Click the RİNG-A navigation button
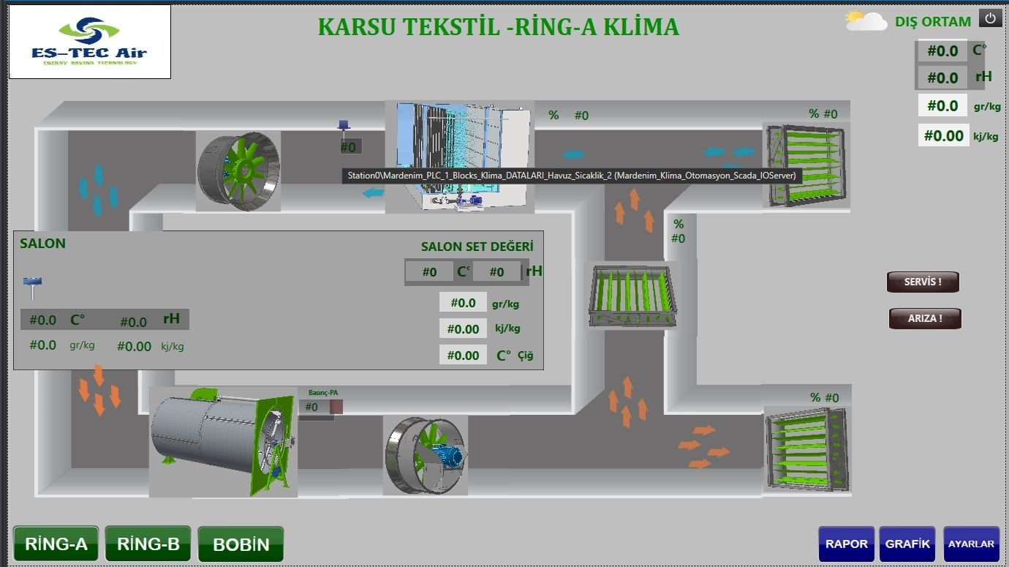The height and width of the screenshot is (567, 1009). coord(56,544)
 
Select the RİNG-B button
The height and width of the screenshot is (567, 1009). coord(148,544)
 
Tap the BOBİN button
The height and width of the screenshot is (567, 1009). coord(241,544)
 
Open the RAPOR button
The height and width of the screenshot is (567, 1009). coord(846,544)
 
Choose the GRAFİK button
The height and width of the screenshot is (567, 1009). coord(907,544)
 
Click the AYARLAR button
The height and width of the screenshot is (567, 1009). coord(971,544)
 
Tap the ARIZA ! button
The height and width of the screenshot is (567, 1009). coord(924,318)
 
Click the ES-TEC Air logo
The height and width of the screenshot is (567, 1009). coord(90,42)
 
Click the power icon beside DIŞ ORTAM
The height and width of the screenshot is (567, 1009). coord(991,19)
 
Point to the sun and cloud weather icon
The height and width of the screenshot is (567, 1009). coord(866,20)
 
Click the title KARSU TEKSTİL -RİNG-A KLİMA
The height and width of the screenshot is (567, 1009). coord(498,27)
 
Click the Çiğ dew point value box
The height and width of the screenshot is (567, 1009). coord(463,355)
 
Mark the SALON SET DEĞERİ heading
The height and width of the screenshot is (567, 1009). coord(477,247)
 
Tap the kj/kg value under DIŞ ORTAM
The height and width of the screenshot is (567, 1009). coord(943,135)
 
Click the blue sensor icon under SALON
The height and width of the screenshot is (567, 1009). coord(32,286)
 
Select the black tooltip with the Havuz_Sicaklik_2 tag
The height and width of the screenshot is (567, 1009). coord(572,176)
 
